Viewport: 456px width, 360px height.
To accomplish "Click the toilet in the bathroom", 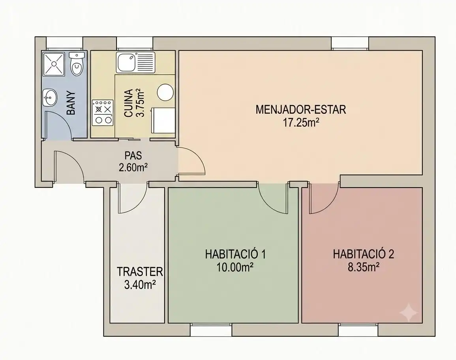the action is coord(77,64).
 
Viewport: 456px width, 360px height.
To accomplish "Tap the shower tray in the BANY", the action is coord(54,64).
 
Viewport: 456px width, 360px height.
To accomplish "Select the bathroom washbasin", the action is coord(50,97).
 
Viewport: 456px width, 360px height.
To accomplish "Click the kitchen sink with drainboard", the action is coord(135,62).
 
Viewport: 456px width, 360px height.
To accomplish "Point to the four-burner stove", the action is coord(103,112).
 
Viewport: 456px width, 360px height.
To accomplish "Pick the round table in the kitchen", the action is coord(165,92).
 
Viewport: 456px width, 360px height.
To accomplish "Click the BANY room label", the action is coord(71,103).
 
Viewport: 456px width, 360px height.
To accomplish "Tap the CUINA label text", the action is coord(129,103).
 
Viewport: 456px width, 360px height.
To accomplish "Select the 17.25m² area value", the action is coord(301,123).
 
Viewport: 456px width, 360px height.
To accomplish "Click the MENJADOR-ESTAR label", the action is coord(301,110).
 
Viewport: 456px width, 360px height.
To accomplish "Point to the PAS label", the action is coord(133,156).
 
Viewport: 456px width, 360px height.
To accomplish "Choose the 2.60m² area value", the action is coord(133,168).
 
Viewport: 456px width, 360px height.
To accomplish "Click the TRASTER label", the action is coord(140,272).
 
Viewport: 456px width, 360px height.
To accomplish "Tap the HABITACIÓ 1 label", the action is coord(235,254).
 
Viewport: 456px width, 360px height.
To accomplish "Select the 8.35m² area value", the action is coord(364,267).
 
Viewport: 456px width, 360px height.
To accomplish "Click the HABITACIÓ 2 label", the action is coord(364,254).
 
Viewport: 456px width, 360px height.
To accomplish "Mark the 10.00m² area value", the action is coord(235,267).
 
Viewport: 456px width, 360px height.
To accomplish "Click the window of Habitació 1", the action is coord(211,330).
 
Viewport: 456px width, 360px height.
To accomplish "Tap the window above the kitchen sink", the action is coord(135,43).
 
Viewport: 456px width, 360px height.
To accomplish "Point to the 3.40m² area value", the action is coord(140,285).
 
